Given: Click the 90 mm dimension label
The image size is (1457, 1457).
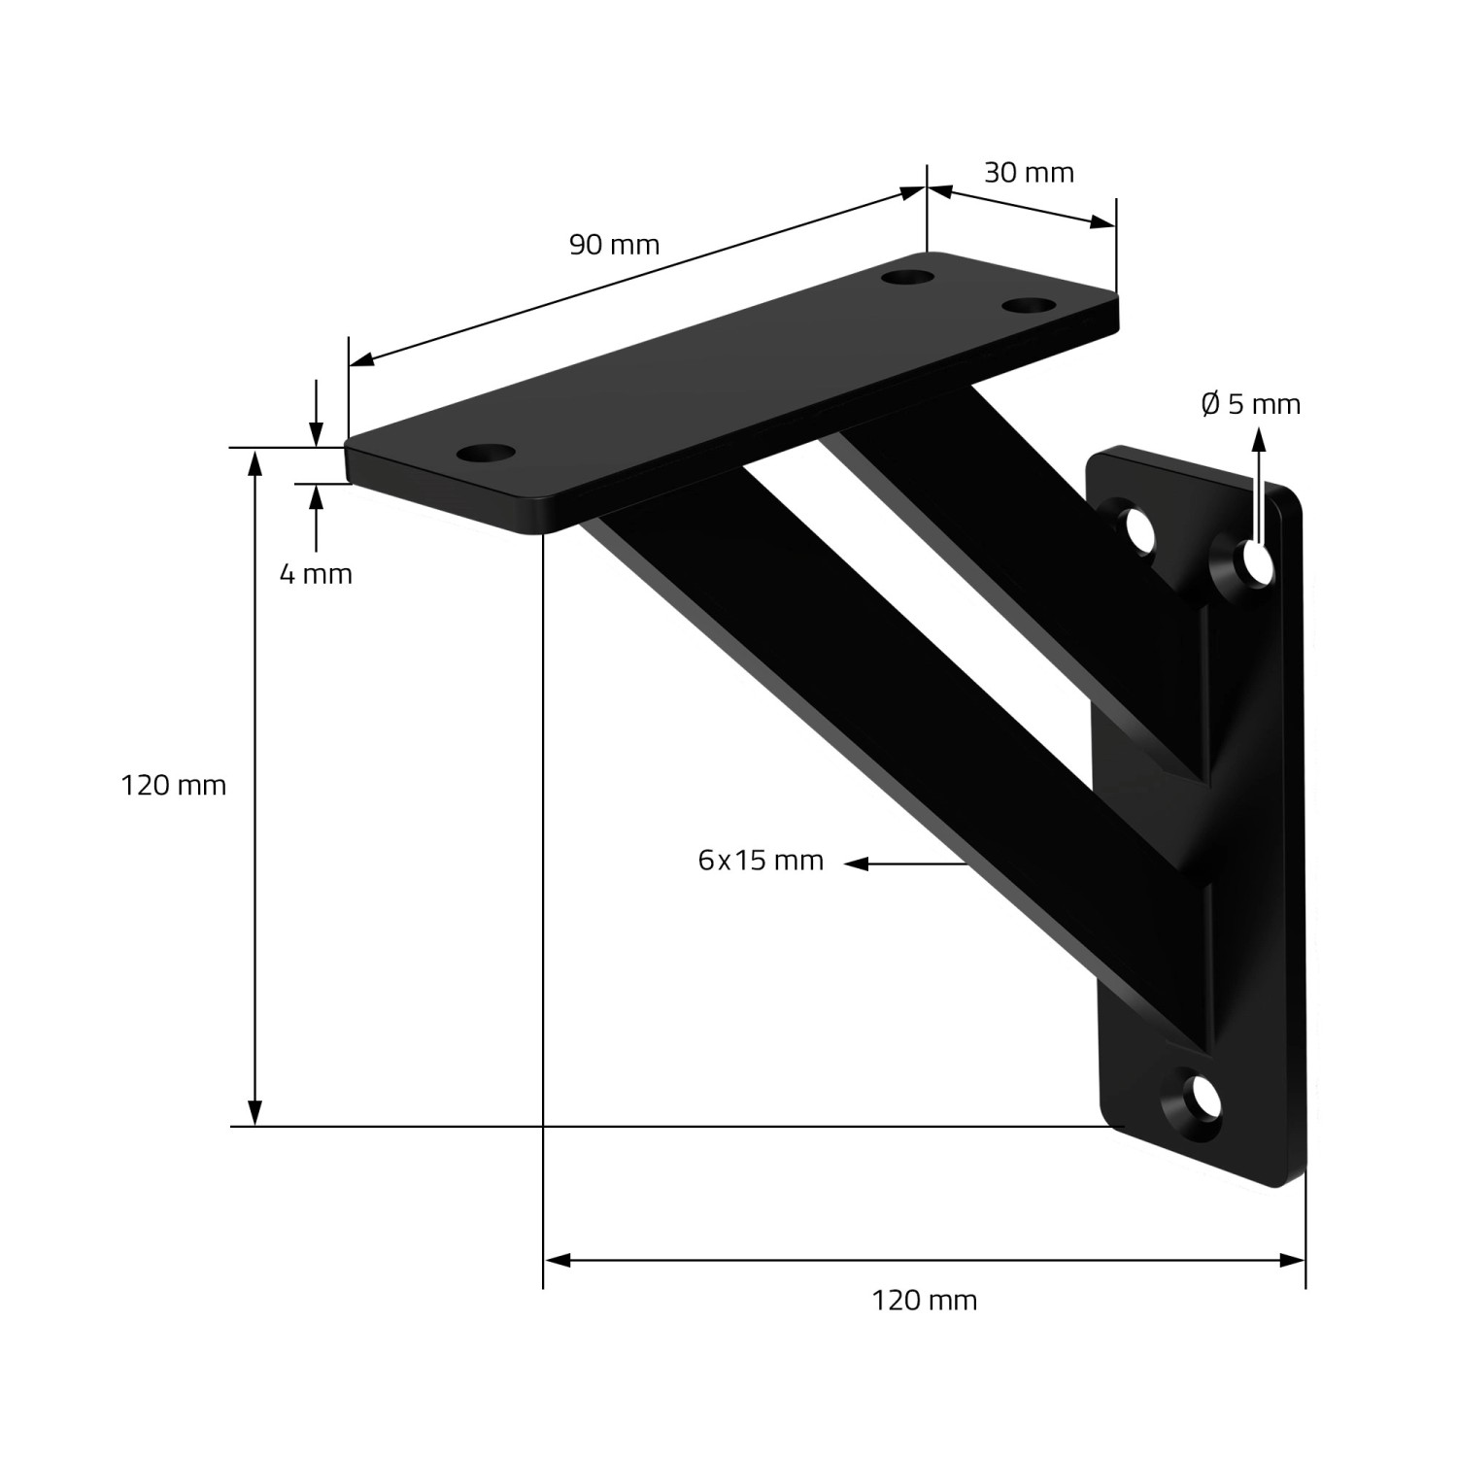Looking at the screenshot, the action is tap(614, 245).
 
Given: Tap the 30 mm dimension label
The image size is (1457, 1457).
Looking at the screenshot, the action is tap(1029, 173).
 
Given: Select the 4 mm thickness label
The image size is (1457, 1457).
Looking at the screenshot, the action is tap(316, 574).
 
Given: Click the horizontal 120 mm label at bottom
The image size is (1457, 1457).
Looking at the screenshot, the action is tap(924, 1300).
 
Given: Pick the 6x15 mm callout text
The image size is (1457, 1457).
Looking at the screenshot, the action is tap(761, 860).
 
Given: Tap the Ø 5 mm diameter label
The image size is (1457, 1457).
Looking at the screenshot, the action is tap(1251, 403).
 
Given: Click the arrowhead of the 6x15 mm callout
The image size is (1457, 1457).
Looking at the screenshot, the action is tap(855, 863).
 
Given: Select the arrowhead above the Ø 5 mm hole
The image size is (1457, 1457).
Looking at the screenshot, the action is tap(1259, 439).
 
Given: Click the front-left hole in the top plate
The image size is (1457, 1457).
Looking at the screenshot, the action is tap(486, 453).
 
